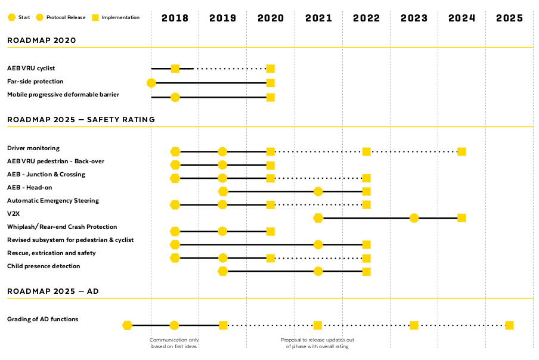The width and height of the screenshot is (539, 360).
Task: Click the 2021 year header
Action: [318, 18]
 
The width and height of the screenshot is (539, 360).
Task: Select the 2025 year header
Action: [509, 18]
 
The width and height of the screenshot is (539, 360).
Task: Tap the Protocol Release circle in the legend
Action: [40, 17]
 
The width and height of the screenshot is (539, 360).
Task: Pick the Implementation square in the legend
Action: [95, 17]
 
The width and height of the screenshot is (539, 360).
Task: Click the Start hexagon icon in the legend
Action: [12, 17]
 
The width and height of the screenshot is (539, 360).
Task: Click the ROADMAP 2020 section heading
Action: [42, 41]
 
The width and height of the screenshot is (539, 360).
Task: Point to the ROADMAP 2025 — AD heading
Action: [53, 291]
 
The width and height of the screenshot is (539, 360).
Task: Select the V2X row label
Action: [13, 213]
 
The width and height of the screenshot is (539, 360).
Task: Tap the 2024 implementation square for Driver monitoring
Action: [461, 151]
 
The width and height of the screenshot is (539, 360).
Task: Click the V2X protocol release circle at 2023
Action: [414, 218]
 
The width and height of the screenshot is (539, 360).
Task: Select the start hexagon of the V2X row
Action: [318, 218]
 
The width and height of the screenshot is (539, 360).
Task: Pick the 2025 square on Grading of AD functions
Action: [509, 325]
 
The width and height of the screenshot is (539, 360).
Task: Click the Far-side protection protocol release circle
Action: [151, 83]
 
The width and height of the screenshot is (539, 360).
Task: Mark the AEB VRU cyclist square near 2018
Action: [175, 69]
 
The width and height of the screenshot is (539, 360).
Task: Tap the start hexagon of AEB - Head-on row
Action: [223, 191]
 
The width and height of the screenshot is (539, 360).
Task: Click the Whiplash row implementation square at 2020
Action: [271, 231]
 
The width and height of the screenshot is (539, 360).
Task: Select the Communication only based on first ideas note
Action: [174, 343]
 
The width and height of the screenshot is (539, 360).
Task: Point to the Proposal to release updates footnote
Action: [317, 343]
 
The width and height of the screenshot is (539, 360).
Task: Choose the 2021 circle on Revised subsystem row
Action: [318, 244]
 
